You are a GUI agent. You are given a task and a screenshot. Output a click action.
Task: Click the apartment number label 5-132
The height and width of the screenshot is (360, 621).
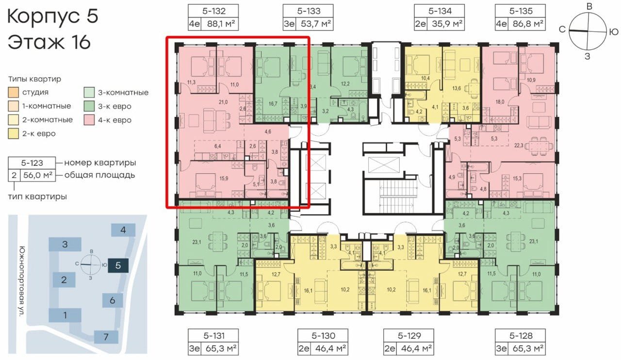pos(213,11)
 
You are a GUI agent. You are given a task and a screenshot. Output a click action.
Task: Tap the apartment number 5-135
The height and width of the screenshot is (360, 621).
pos(521,11)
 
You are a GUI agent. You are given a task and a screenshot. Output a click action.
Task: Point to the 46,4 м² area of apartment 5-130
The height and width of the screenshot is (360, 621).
pos(331,348)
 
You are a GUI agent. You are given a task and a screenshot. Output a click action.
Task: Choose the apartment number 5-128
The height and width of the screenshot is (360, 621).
pos(521,336)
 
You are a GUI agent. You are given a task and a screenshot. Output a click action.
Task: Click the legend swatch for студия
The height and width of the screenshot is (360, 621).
pos(13,92)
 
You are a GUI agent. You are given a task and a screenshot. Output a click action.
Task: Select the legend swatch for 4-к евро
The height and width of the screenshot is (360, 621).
pos(89,120)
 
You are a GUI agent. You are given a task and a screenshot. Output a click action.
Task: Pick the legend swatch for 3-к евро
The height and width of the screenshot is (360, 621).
pos(89,106)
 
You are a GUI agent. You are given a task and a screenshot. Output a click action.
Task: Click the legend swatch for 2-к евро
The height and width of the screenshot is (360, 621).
pos(13,134)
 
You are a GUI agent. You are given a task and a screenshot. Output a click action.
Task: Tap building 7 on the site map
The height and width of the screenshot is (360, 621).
pos(106,337)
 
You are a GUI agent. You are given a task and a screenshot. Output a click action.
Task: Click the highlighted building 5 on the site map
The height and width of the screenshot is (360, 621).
pos(118,265)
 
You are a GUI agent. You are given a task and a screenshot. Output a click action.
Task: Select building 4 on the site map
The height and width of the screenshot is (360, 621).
pos(123,230)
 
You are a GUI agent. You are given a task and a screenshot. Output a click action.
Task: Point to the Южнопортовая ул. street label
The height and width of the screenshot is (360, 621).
pos(22,281)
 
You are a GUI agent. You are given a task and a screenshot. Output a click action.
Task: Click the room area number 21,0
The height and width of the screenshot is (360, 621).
pos(223,102)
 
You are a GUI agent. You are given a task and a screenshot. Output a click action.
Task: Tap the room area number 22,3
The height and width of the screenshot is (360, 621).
pos(519,145)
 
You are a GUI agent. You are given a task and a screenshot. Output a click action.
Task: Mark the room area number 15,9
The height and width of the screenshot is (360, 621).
pos(224,179)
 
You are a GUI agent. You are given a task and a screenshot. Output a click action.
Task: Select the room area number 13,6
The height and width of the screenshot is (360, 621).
pos(457,88)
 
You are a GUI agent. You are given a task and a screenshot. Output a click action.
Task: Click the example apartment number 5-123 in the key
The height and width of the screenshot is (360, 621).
pos(32,163)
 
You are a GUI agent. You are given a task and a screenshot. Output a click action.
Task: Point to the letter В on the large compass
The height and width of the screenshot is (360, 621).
pos(589,6)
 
